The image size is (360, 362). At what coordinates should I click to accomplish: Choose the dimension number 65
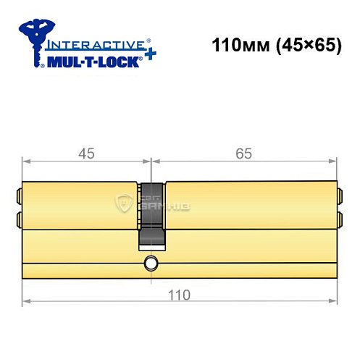[x=243, y=153]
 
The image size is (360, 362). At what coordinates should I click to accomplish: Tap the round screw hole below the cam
[x=151, y=263]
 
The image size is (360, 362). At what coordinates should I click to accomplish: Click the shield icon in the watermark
[x=125, y=204]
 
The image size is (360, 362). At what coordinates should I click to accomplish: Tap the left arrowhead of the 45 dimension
[x=27, y=161]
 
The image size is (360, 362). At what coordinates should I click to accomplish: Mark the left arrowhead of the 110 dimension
[x=27, y=301]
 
